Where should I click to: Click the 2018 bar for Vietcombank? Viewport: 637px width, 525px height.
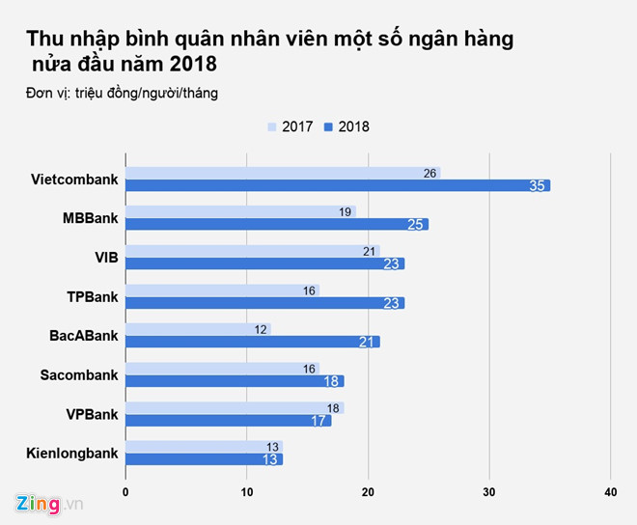338,185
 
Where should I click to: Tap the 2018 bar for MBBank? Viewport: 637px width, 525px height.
277,224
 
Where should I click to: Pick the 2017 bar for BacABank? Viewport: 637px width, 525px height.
198,329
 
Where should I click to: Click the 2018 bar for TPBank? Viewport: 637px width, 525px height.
265,302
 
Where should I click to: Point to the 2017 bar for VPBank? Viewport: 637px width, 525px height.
235,407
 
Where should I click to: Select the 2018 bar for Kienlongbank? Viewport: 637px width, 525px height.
204,459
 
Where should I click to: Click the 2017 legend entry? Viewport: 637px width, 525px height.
290,126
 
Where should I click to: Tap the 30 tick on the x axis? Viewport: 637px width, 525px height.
489,492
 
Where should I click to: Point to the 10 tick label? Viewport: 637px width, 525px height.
247,492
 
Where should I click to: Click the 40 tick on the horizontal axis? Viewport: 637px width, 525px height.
610,492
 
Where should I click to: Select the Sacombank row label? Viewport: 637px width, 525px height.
79,374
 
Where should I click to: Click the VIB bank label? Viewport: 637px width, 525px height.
104,257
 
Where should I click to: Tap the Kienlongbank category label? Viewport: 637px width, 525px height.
72,453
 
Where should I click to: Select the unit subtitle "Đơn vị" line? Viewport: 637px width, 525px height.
116,94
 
